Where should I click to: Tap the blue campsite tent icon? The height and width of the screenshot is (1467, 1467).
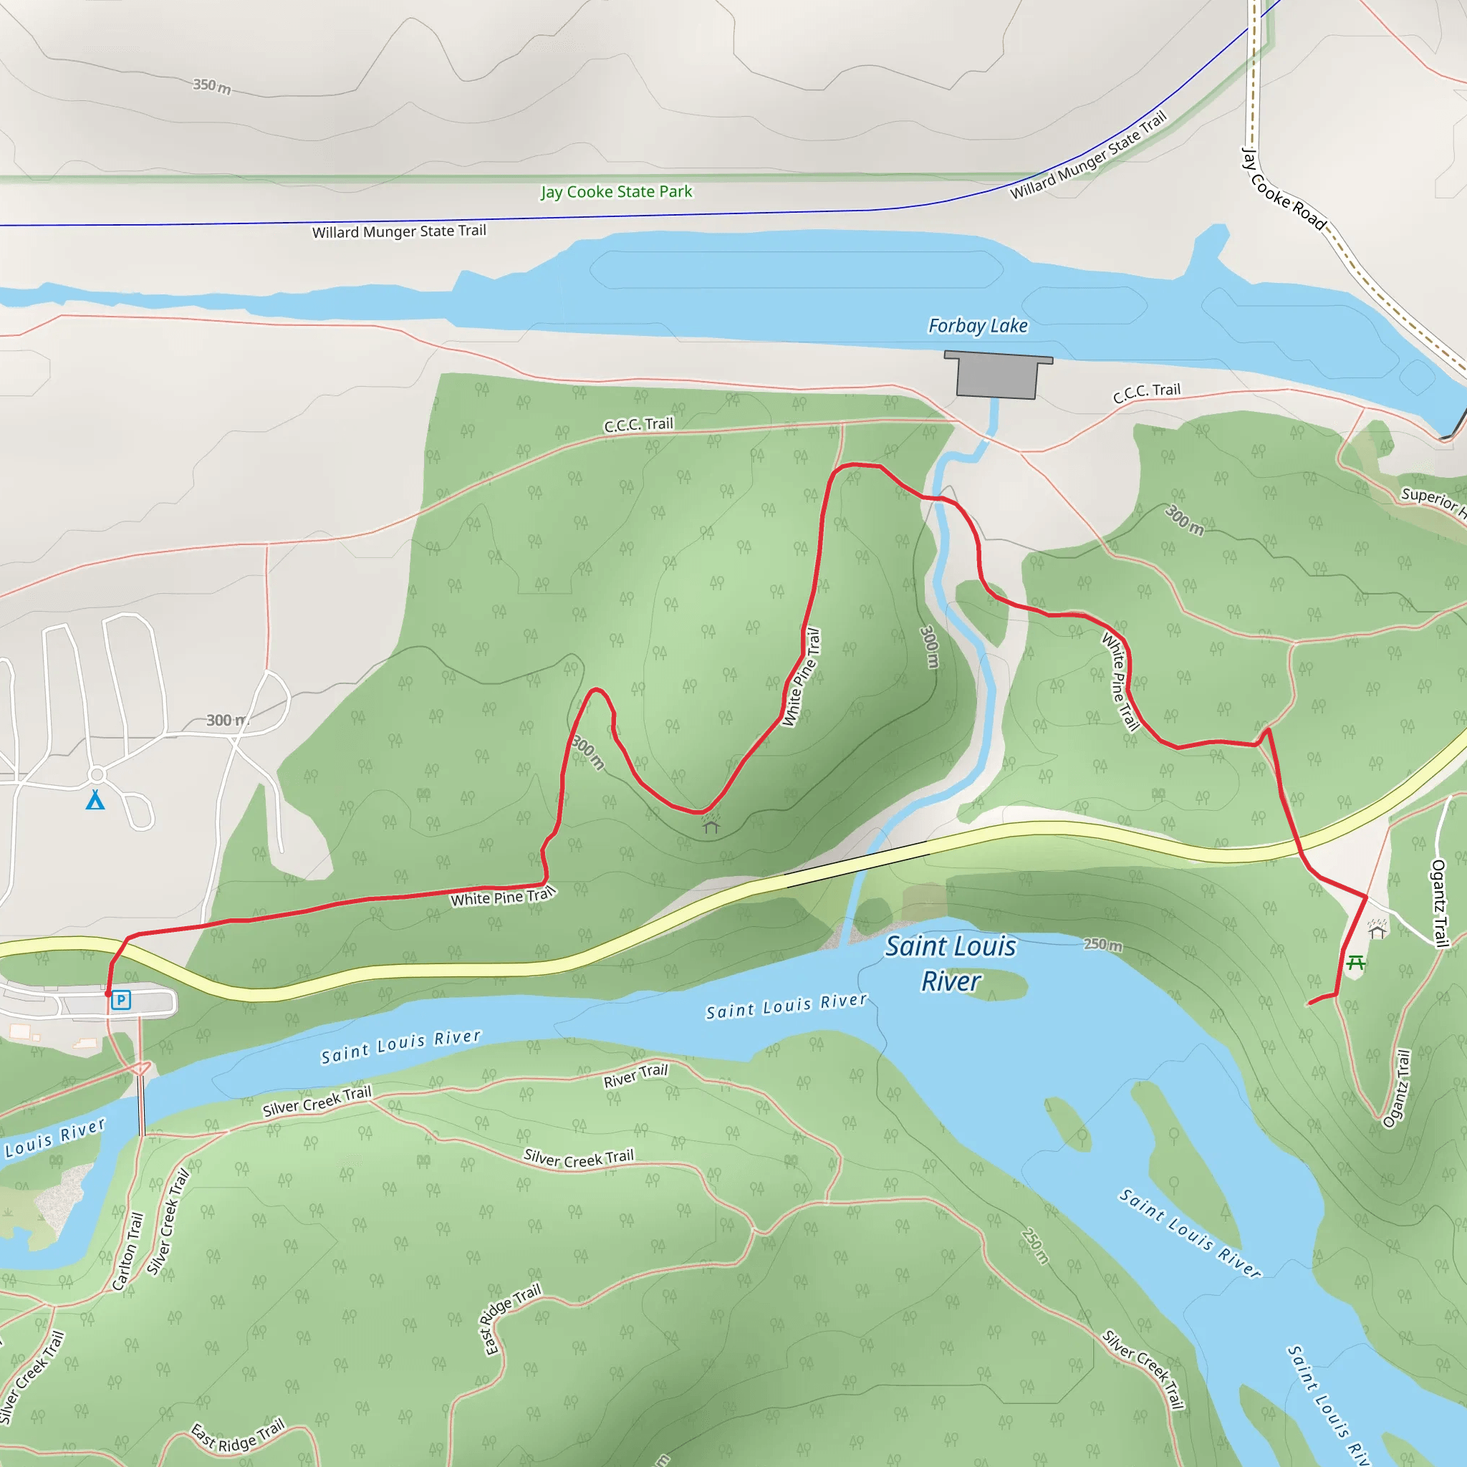point(95,800)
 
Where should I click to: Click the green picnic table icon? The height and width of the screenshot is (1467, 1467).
point(1355,963)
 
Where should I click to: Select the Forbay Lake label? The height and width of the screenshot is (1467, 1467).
point(977,326)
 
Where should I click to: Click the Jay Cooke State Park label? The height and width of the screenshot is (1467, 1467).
point(616,191)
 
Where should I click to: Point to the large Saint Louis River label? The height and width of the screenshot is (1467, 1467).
point(950,963)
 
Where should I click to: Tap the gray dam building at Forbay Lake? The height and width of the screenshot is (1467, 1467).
point(997,375)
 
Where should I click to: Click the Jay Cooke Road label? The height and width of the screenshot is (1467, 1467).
point(1282,190)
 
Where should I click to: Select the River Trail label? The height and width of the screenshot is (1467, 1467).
point(635,1074)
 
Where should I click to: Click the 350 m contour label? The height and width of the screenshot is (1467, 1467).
point(212,85)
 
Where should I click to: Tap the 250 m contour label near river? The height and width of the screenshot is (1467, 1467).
point(1102,945)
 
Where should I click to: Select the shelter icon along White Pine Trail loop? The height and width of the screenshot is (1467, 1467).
point(711,824)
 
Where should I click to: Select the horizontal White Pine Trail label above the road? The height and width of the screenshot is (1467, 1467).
point(503,897)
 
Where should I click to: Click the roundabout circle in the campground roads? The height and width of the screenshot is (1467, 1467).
point(97,774)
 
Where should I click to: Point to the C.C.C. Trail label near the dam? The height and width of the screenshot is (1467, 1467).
point(1147,392)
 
